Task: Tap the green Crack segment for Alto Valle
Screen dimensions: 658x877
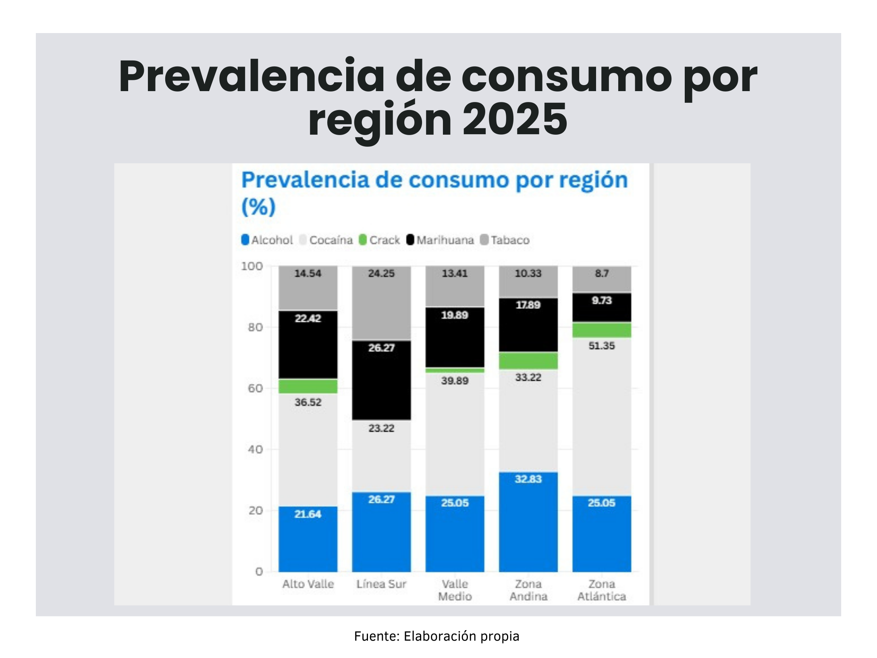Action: pos(308,386)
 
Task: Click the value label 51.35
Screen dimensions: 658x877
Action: pos(601,346)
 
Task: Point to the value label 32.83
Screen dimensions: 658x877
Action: pos(528,479)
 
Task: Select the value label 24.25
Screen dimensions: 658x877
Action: pos(381,273)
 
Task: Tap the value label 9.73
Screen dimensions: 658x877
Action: pos(601,300)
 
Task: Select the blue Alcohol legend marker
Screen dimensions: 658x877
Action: pos(245,240)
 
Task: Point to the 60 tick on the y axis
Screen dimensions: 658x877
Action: pos(256,388)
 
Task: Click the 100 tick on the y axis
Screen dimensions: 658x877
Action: pos(252,266)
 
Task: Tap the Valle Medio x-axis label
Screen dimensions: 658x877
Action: pos(455,590)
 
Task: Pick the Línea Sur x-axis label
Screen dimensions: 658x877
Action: pos(381,584)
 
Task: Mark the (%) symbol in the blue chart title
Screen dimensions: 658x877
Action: pos(258,207)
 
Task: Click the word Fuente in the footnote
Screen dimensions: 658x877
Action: pos(376,636)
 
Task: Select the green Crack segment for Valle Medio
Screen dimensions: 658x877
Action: pos(455,370)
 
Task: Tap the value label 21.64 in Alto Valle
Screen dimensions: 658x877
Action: pos(308,514)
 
